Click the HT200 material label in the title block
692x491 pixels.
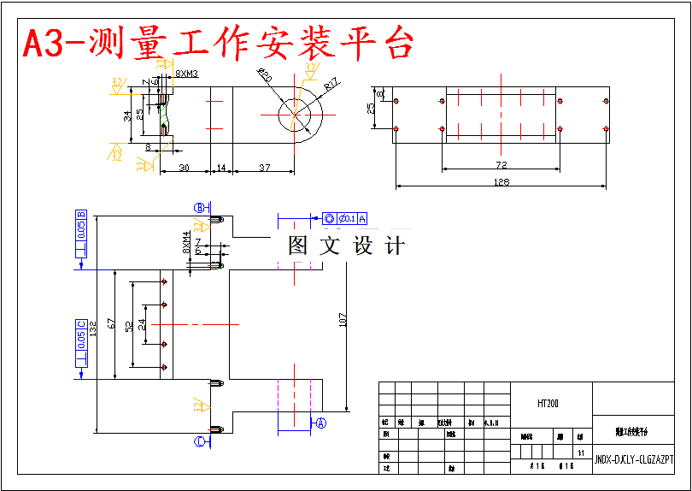click(x=548, y=403)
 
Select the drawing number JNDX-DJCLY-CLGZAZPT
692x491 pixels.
click(x=633, y=459)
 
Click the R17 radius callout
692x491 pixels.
click(x=332, y=84)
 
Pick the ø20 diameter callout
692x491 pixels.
click(x=264, y=76)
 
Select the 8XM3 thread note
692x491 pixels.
click(x=186, y=74)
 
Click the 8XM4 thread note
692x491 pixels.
click(x=186, y=242)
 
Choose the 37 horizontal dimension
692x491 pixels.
click(x=264, y=168)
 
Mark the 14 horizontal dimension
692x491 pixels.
click(x=220, y=168)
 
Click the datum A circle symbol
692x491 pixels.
click(x=321, y=423)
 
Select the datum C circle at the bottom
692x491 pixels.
click(x=200, y=441)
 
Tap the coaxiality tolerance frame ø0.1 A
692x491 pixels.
click(x=344, y=218)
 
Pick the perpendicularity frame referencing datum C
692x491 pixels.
click(x=81, y=344)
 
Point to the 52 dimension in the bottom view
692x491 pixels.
click(x=129, y=326)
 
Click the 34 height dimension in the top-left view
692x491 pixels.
click(x=127, y=115)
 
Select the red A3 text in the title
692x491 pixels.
click(x=48, y=44)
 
